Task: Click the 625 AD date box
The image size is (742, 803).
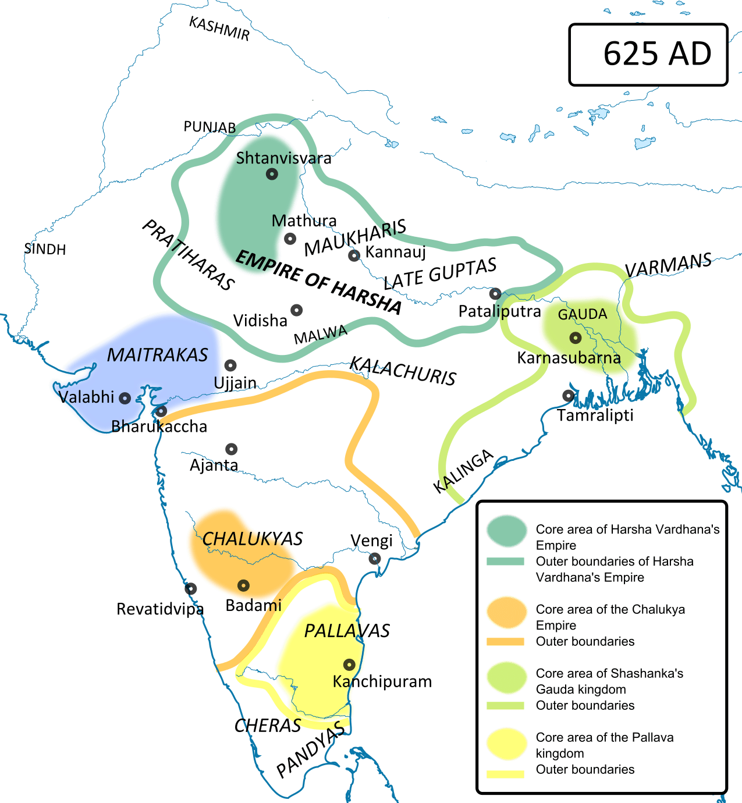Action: (x=648, y=55)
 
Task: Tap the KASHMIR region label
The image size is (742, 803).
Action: (x=219, y=29)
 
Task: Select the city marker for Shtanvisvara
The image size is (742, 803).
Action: (x=272, y=174)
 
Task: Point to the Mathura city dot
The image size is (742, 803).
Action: (x=290, y=239)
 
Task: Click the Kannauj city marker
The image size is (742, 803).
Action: (x=354, y=255)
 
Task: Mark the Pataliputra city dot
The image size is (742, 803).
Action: (x=495, y=293)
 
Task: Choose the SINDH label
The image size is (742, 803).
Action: (x=45, y=250)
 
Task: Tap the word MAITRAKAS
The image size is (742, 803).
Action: (x=157, y=355)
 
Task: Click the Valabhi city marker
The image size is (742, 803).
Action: (x=125, y=399)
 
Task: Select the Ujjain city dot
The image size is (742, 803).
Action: (x=230, y=365)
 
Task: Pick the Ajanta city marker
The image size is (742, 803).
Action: (x=231, y=449)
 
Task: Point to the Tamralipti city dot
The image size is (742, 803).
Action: (x=568, y=396)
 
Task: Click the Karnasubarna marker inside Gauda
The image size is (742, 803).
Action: (x=575, y=337)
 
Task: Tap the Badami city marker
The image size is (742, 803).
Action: (x=243, y=585)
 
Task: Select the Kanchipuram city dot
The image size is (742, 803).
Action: (x=349, y=665)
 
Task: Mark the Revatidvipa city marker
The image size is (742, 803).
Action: (x=190, y=589)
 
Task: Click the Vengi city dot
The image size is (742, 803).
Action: (x=374, y=559)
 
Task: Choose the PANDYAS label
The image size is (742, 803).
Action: (x=310, y=751)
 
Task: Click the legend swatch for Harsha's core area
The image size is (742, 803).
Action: (x=506, y=531)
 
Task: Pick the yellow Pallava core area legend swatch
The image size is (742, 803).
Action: (x=506, y=744)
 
